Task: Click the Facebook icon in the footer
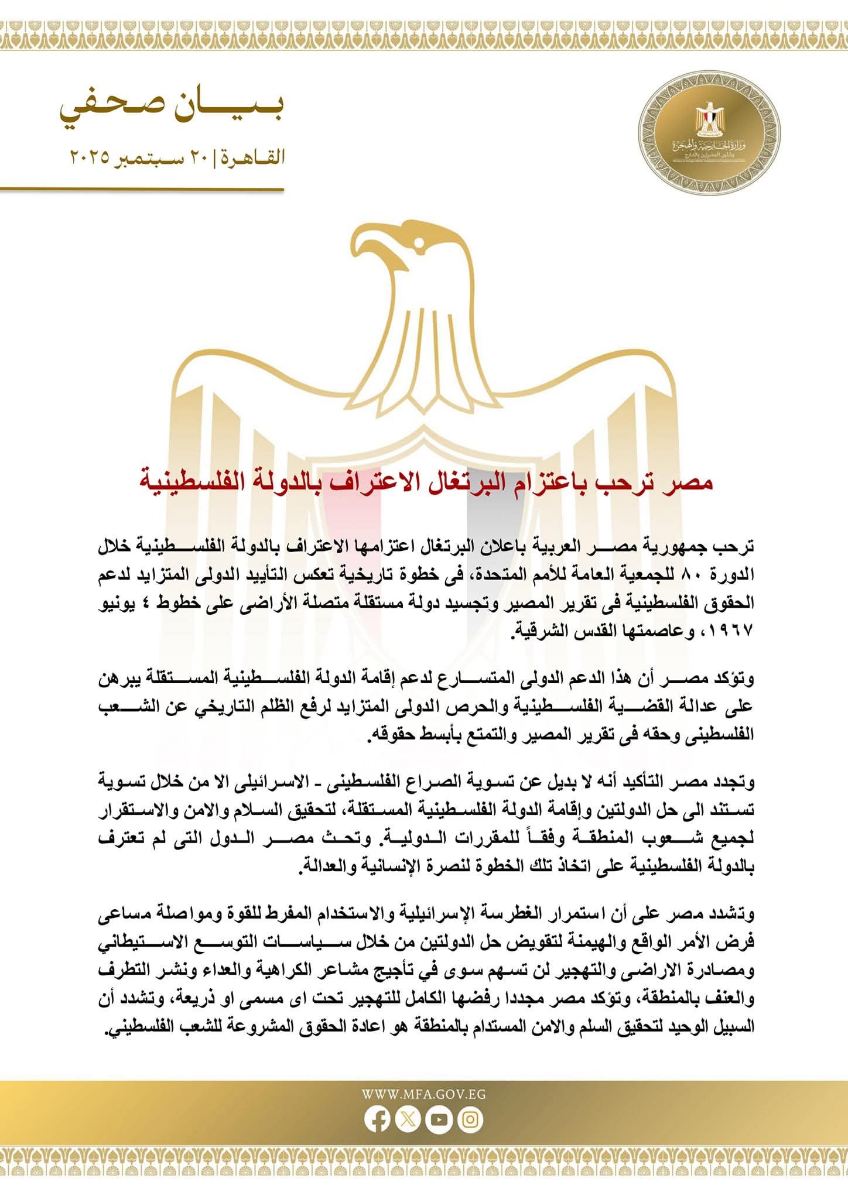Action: tap(377, 1119)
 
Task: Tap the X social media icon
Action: tap(408, 1119)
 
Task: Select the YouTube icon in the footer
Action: tap(439, 1119)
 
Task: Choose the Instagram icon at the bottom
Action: tap(470, 1119)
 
